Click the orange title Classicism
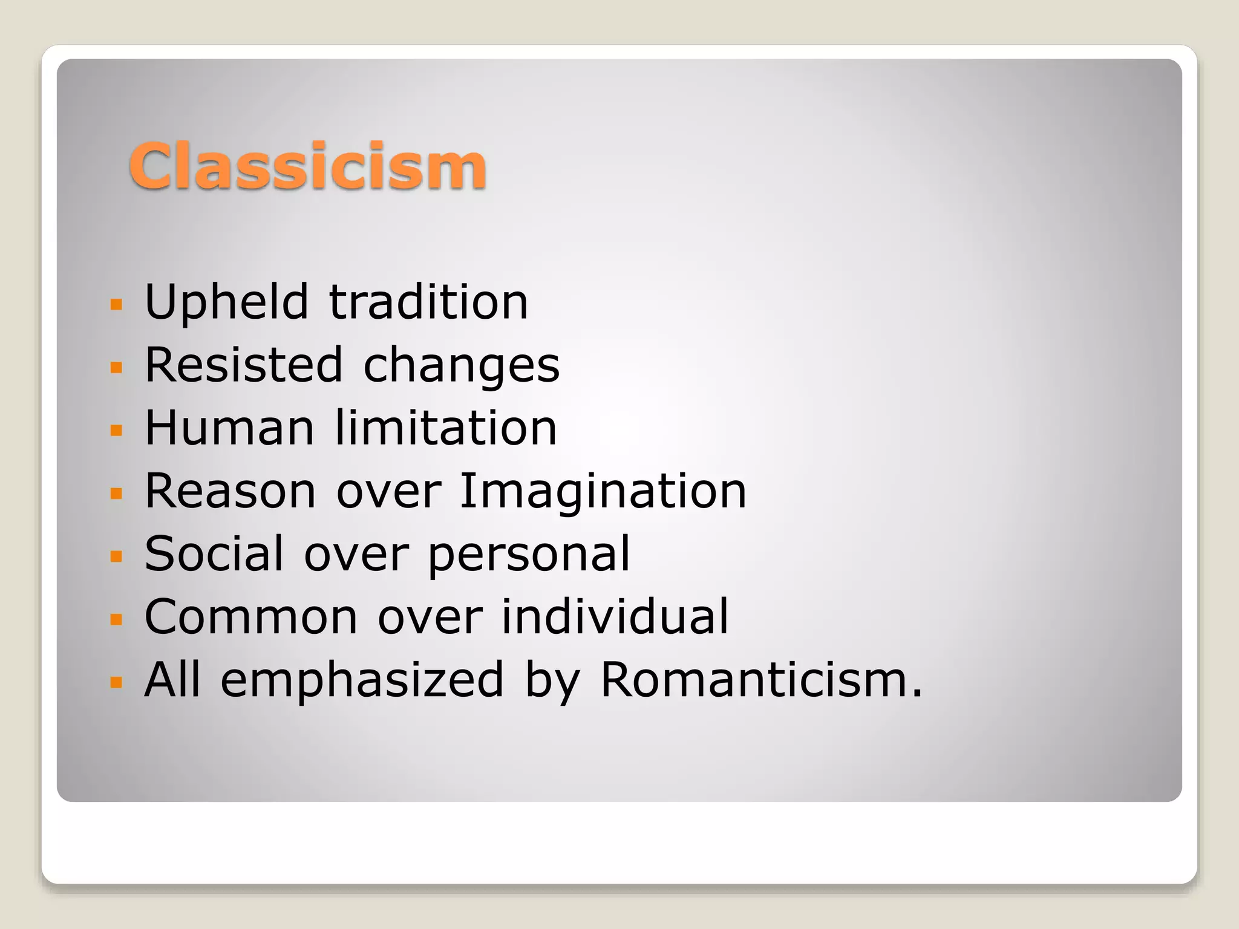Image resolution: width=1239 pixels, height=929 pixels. [307, 166]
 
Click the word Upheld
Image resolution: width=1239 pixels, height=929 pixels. [227, 302]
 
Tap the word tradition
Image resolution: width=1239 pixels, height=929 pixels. [428, 302]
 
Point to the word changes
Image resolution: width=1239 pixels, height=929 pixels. [461, 367]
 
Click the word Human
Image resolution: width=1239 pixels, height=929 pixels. [230, 428]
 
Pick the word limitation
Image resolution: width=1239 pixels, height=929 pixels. [445, 428]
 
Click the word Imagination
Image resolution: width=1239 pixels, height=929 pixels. [603, 492]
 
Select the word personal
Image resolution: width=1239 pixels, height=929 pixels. [529, 555]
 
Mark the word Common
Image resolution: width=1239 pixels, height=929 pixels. [251, 617]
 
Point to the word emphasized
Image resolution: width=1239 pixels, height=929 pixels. [362, 680]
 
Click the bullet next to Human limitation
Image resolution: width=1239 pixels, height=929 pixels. [116, 430]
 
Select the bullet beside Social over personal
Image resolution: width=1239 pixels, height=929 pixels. [116, 556]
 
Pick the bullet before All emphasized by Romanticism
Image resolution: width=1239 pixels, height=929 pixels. [116, 682]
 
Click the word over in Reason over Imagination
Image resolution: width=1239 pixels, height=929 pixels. [388, 491]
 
